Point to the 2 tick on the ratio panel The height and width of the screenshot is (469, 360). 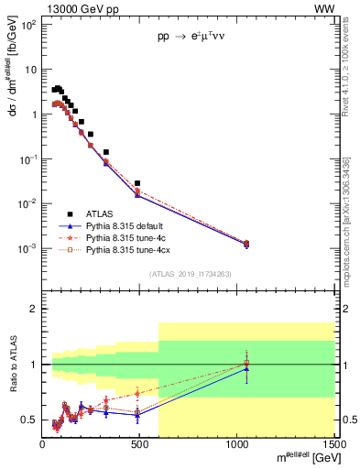click(34, 310)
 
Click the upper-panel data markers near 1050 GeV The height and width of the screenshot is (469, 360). click(245, 244)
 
